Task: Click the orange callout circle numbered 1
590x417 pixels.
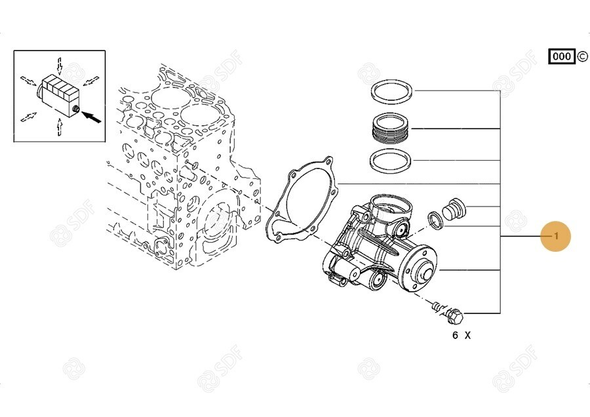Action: [556, 236]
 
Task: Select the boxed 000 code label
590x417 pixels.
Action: [562, 56]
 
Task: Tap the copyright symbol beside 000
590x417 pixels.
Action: [581, 56]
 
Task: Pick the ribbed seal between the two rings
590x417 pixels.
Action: [391, 129]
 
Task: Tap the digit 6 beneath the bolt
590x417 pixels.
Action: [456, 335]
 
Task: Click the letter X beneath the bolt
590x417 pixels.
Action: [467, 335]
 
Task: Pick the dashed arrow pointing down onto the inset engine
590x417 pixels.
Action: [60, 65]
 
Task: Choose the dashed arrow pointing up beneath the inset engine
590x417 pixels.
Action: [60, 127]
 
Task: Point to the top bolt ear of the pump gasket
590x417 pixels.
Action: [328, 162]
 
